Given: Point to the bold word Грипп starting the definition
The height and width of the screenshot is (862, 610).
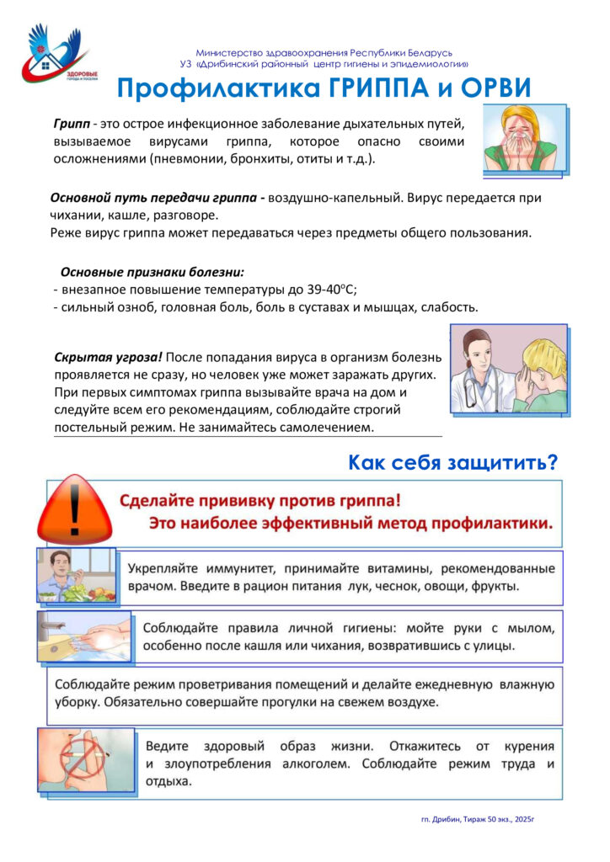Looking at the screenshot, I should tap(71, 123).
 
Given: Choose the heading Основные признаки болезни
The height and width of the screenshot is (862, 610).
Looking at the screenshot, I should tap(152, 272).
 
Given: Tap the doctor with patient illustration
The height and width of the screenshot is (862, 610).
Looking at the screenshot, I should tap(508, 369).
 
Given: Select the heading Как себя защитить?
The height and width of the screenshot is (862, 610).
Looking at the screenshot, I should tap(453, 462).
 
